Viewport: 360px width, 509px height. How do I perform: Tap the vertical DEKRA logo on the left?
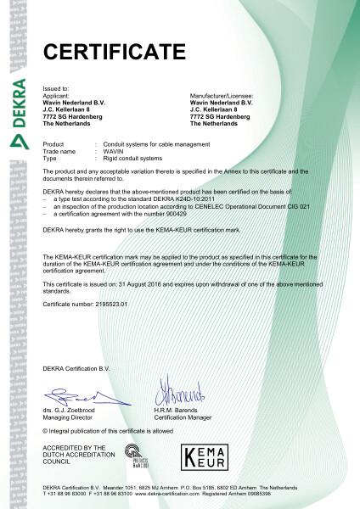17,115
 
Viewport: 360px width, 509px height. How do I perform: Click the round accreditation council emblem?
132,455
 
